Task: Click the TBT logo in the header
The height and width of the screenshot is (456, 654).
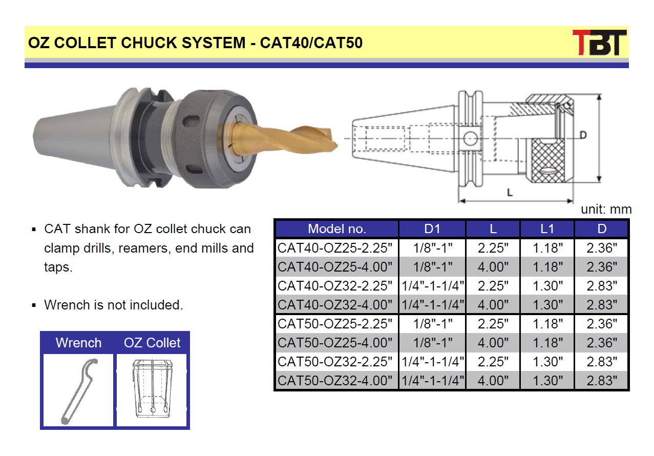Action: [599, 43]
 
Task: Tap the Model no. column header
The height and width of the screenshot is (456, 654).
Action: [337, 229]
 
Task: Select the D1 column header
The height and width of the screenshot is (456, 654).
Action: [432, 229]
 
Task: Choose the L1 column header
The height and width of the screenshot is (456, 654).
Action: [547, 229]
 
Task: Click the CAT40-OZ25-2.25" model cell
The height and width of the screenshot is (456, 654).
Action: [334, 248]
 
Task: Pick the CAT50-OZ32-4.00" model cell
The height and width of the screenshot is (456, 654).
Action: [334, 380]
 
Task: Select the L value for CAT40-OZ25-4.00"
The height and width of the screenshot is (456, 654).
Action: [493, 267]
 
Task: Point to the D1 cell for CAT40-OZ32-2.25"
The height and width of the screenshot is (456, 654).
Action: [432, 286]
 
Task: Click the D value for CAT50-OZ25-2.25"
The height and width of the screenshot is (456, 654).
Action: [602, 324]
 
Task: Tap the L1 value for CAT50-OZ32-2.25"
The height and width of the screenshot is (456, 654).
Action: [547, 362]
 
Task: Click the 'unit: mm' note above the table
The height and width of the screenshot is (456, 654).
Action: [606, 209]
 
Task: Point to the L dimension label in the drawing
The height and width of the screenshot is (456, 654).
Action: [510, 192]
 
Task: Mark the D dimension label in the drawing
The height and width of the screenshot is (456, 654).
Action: [583, 135]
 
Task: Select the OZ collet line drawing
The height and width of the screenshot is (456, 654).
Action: [152, 388]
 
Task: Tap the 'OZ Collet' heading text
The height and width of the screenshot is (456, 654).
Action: [152, 343]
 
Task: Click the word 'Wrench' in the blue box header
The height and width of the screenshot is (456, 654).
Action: [78, 343]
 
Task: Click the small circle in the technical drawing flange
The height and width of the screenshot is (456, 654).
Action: [470, 138]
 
